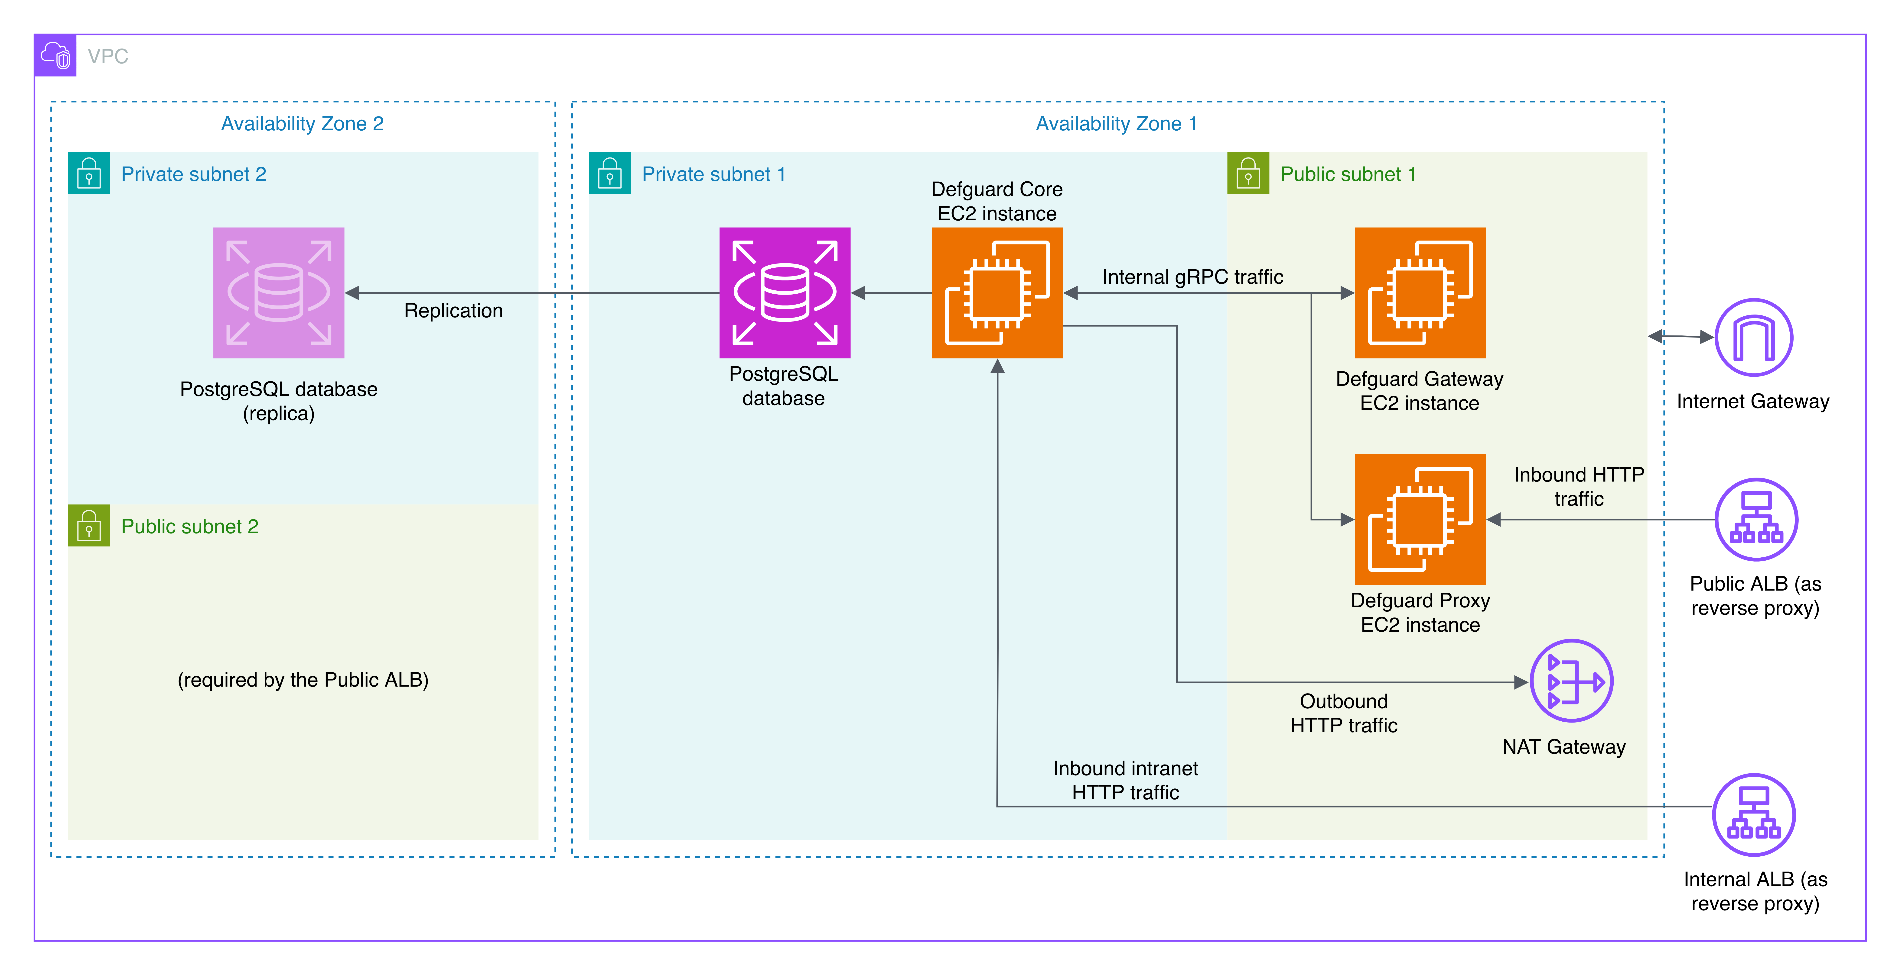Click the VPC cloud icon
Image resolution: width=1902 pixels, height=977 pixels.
click(55, 55)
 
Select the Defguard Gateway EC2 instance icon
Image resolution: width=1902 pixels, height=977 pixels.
click(1420, 293)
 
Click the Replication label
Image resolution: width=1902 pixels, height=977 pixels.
click(453, 311)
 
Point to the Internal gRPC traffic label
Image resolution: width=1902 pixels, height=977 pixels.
click(1192, 277)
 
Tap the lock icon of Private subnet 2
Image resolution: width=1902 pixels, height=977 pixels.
click(89, 174)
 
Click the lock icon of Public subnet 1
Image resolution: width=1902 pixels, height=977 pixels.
click(1248, 174)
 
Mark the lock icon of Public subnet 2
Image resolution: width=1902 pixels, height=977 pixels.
click(89, 525)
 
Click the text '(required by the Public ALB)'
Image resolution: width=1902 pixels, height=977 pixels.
click(303, 680)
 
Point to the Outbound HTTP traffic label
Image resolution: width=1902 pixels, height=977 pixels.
click(1344, 713)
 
